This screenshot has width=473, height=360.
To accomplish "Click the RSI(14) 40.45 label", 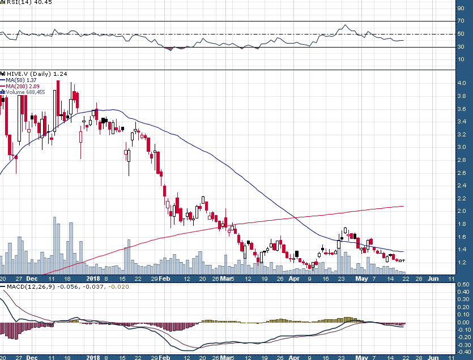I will [x=22, y=2].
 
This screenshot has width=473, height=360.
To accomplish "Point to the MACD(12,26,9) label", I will [x=32, y=287].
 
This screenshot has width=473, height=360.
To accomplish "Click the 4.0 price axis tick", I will [x=462, y=83].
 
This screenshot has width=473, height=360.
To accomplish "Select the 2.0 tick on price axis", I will [x=462, y=211].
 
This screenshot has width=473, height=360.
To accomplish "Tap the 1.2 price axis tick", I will [x=462, y=263].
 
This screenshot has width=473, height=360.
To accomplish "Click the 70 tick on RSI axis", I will [x=461, y=21].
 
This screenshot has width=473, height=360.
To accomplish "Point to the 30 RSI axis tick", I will [x=461, y=46].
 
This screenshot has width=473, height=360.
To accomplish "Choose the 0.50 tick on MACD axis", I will [x=463, y=285].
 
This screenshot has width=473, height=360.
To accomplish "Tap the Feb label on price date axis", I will [x=164, y=279].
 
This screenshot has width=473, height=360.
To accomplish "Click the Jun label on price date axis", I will [x=432, y=279].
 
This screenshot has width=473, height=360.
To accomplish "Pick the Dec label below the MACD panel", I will [x=32, y=358].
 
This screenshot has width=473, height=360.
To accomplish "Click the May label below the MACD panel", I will [x=361, y=358].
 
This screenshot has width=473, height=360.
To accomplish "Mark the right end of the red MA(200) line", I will [x=403, y=206].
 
